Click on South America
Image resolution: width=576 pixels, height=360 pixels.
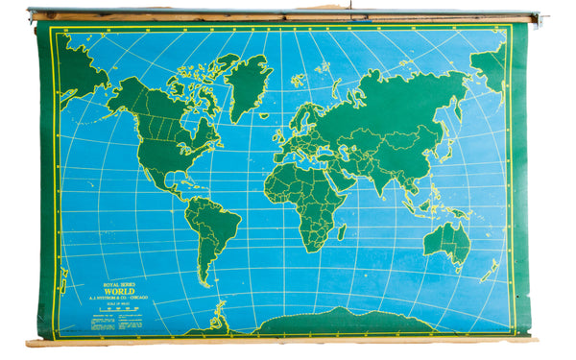pos(212,230)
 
